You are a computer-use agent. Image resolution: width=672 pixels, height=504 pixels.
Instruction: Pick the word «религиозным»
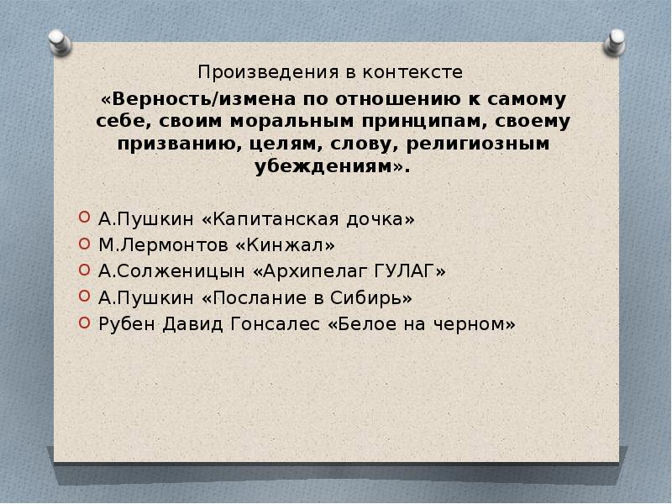[482, 144]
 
